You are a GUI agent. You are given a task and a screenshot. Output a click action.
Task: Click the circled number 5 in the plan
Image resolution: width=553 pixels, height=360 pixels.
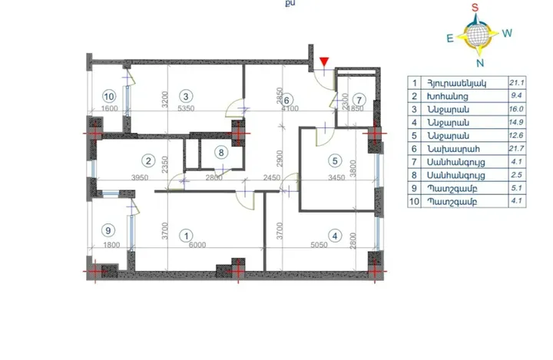pos(334,160)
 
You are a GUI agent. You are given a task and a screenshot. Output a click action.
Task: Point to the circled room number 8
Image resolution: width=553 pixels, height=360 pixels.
pos(221,152)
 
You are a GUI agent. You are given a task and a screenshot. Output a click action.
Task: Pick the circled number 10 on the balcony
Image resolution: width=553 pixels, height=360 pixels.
pos(109,96)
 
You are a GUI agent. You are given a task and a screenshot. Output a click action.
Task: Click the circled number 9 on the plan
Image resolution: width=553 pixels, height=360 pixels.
pos(108,230)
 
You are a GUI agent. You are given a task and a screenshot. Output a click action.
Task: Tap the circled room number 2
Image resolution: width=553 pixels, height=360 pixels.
pos(146,160)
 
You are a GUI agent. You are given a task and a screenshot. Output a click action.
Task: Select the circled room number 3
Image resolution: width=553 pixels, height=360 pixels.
pos(184,96)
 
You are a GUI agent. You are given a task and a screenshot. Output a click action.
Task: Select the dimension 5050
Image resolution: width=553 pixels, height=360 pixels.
pos(339,246)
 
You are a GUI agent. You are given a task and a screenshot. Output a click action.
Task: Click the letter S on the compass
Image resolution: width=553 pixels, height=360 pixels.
pos(475,8)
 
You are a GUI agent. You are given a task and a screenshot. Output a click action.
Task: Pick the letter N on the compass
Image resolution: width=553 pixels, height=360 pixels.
pos(480,62)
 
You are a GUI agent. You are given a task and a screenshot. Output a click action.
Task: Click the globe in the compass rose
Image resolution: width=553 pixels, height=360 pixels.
pos(478,35)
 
